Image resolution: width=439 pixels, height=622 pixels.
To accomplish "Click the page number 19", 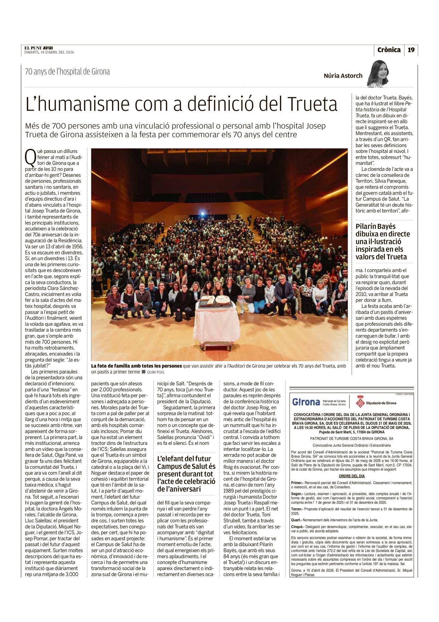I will coord(411,50).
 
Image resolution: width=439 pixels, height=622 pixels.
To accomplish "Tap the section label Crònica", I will coord(389,50).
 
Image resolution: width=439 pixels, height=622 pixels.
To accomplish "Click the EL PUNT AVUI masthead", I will coord(39,48).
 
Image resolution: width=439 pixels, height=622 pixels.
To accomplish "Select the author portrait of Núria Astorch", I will coord(378,74).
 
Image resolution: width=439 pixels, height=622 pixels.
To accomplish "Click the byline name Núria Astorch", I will coord(343,75).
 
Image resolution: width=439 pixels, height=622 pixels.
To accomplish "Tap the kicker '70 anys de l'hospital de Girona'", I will coord(67,72).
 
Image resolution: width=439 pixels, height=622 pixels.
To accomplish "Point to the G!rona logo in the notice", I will coord(306,402).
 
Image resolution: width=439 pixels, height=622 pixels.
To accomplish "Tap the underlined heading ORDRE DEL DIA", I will coord(352,476).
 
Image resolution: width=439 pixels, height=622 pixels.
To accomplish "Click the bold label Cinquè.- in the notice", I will coord(298,527).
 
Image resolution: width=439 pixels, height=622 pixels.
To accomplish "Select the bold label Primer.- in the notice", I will coord(297,483).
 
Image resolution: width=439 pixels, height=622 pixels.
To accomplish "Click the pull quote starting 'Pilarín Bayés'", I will coord(383,242).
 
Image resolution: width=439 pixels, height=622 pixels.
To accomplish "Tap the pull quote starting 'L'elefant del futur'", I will coord(186,474).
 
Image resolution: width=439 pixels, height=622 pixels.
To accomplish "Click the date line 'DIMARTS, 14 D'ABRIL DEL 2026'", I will coord(49,52).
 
